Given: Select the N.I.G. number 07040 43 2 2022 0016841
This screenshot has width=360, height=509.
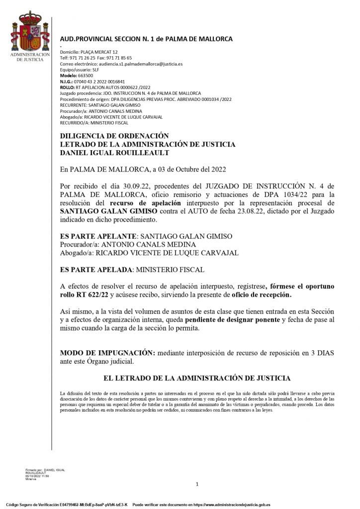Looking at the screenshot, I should tap(99, 81).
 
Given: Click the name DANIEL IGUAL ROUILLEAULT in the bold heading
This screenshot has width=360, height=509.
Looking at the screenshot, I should tap(115, 153).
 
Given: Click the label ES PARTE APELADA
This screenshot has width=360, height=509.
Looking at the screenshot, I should tap(94, 269).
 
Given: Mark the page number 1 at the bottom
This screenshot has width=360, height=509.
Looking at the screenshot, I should tap(197, 484).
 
